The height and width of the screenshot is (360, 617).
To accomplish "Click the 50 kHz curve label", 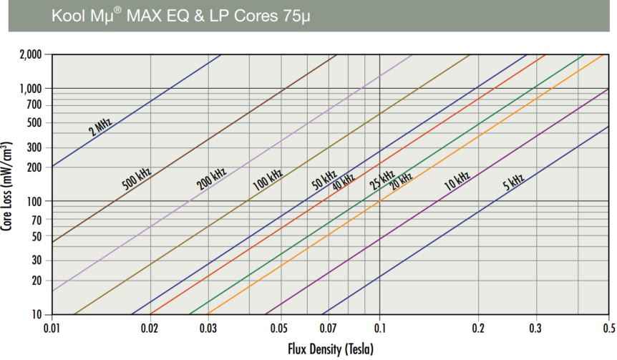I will click(324, 179).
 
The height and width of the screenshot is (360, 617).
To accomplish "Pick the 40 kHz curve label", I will click(343, 182).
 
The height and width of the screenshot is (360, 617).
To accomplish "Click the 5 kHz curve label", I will click(512, 180).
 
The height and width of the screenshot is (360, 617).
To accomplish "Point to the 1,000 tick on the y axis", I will click(32, 88).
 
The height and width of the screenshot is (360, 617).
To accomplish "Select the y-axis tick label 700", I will click(36, 106).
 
